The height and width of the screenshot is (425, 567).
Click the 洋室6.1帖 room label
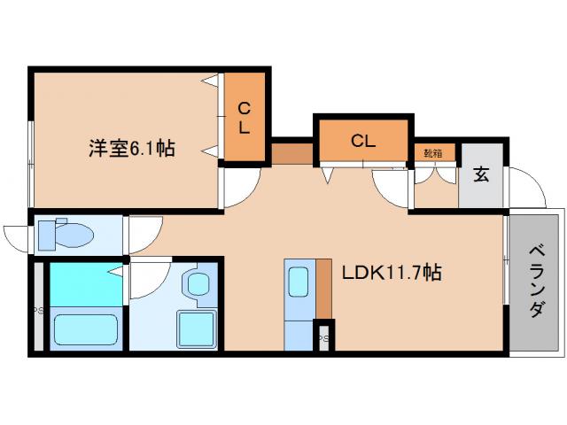pyautogui.click(x=129, y=148)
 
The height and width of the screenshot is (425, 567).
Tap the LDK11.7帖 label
pyautogui.click(x=392, y=273)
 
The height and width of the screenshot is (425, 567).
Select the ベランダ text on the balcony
pyautogui.click(x=537, y=282)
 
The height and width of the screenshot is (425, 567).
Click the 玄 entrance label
pyautogui.click(x=481, y=174)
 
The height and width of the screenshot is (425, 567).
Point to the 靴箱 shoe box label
pyautogui.click(x=433, y=152)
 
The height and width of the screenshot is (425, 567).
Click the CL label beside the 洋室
pyautogui.click(x=244, y=119)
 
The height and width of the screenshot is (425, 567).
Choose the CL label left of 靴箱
pyautogui.click(x=362, y=139)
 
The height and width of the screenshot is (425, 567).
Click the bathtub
pyautogui.click(x=86, y=328)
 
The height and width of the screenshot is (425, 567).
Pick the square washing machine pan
pyautogui.click(x=196, y=329)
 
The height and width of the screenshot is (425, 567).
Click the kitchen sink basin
pyautogui.click(x=298, y=284)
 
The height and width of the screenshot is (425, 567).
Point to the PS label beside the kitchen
pyautogui.click(x=325, y=337)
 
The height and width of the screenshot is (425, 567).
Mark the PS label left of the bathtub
pyautogui.click(x=38, y=310)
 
